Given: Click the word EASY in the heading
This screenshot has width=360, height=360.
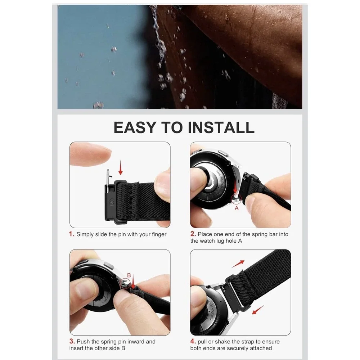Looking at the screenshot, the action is point(135,127).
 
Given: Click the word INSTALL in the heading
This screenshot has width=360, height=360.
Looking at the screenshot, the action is point(221,127).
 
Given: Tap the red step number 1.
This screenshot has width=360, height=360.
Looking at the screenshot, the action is point(72,234).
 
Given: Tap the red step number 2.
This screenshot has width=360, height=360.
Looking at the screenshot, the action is point(193,234).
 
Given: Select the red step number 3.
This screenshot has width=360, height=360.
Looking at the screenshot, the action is point(72,341).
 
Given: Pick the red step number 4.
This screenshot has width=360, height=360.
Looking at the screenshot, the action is point(193,341).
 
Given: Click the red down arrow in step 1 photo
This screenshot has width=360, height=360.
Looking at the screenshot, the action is point(121,168).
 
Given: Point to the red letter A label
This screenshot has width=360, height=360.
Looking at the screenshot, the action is point(237,208).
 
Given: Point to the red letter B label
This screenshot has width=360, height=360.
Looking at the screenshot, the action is point(129,275).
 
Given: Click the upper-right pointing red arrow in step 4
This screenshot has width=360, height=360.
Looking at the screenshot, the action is point(238,264).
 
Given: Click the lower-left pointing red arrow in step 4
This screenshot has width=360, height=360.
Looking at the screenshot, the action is point(258,310).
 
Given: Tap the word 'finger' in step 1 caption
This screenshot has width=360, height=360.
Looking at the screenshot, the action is point(159,234).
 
